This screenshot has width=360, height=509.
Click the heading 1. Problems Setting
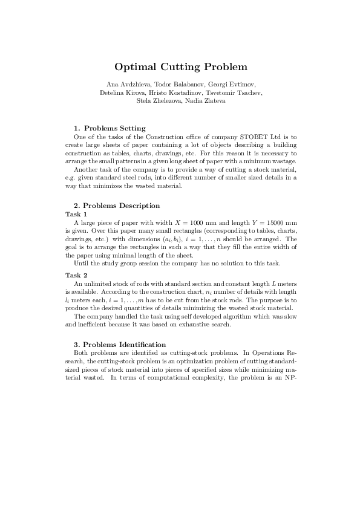point(109,128)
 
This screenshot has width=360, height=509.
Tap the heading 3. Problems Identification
point(119,344)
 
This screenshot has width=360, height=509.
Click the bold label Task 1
point(76,214)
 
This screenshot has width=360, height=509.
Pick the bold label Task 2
point(76,276)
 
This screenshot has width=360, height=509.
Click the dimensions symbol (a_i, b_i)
point(168,238)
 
